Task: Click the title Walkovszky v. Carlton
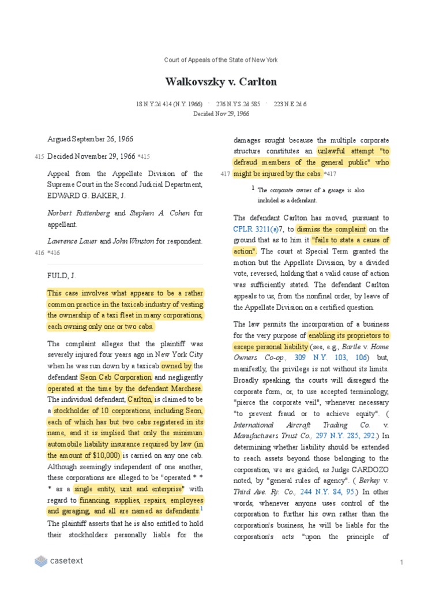tap(221, 81)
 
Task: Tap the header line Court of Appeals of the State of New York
tap(221, 60)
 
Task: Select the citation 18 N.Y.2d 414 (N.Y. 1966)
tap(169, 104)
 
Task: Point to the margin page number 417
tap(226, 174)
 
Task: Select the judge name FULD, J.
tap(63, 276)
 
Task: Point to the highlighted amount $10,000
tap(104, 455)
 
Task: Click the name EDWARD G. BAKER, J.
tap(84, 195)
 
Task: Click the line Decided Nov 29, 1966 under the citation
tap(221, 114)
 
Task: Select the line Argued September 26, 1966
tap(91, 139)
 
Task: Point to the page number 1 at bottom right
tap(401, 562)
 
